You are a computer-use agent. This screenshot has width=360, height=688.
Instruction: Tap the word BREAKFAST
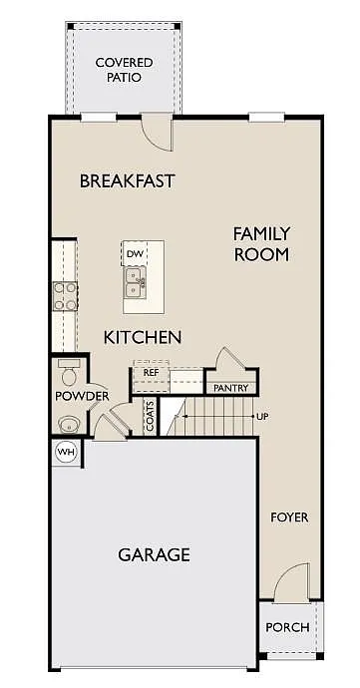point(127,181)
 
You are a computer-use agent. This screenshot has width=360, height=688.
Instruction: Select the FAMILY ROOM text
point(261,244)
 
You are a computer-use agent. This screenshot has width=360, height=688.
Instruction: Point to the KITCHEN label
point(143,337)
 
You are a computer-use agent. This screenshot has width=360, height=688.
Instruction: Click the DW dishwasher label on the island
point(135,254)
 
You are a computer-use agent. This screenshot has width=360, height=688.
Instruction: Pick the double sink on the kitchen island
point(136,289)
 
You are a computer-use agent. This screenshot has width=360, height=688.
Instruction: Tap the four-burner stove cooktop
point(65,295)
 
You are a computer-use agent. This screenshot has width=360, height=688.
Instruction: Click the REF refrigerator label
point(151,372)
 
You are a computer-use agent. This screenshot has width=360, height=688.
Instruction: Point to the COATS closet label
point(150,415)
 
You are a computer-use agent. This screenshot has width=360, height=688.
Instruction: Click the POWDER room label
point(82,397)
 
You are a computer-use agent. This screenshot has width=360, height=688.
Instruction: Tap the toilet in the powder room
point(68,375)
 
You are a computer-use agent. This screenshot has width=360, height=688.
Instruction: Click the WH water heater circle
point(66,452)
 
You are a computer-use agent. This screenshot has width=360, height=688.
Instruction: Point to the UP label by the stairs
point(262,416)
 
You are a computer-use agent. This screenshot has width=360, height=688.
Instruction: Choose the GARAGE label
point(154,554)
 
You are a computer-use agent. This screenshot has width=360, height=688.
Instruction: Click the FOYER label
point(289,517)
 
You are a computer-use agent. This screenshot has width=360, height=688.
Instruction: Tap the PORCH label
point(287,628)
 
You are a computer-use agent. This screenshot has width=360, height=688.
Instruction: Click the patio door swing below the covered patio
point(158,130)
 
